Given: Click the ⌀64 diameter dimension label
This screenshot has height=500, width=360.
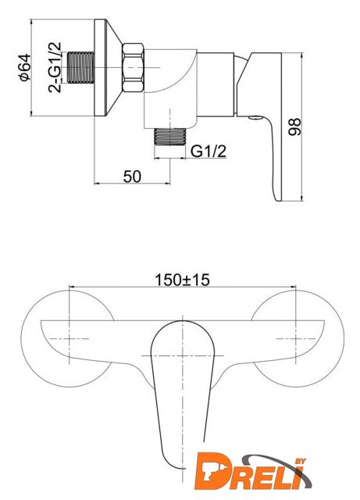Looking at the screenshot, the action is [25, 68].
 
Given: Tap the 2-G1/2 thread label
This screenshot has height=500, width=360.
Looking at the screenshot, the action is [55, 67].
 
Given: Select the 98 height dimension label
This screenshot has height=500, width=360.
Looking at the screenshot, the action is [294, 127].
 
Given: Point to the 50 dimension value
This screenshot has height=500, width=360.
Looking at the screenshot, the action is [132, 177].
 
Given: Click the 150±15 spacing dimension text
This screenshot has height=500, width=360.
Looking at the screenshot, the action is [182, 280].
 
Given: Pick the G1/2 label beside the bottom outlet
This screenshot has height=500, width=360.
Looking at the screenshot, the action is [209, 151].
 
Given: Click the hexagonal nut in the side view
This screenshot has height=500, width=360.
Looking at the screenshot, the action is [133, 68].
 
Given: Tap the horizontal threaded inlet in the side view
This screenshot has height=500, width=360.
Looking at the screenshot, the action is [81, 68].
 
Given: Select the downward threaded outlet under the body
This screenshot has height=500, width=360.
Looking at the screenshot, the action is [170, 137].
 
